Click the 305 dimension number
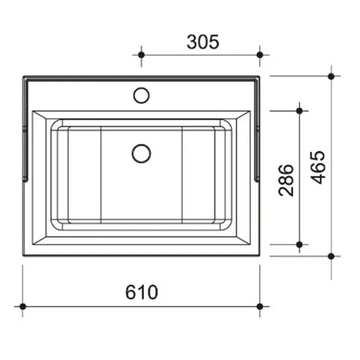[203, 42]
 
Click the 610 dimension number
[142, 292]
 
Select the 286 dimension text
[286, 180]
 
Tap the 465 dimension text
[318, 167]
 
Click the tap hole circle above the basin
[141, 95]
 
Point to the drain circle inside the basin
[141, 153]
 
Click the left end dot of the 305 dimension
[141, 55]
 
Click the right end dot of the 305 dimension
[260, 55]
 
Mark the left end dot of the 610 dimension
[22, 306]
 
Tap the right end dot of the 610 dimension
[260, 306]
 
